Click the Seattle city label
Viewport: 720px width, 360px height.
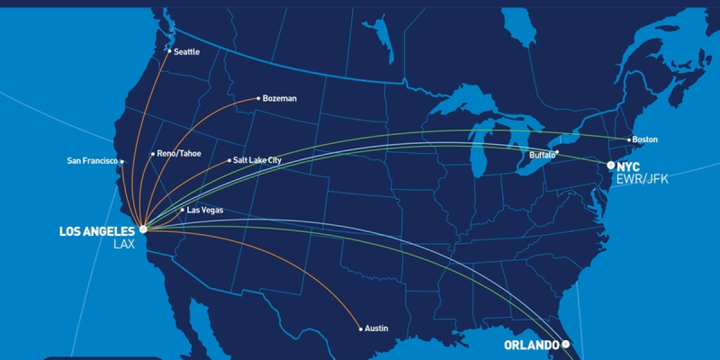[x=187, y=52]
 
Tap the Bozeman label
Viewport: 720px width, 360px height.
[x=280, y=98]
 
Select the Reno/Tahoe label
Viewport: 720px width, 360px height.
[x=179, y=154]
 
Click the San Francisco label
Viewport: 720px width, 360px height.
[x=92, y=161]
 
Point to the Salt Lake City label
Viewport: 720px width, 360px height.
[x=257, y=160]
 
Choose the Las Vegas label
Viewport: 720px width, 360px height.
[x=205, y=210]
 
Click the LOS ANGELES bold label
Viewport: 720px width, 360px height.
[x=97, y=232]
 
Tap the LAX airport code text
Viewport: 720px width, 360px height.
[x=124, y=244]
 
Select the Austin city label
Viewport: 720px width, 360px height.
[x=376, y=328]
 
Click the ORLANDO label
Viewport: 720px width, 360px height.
[x=532, y=345]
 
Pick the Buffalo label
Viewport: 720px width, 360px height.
[x=542, y=155]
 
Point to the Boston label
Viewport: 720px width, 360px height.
[x=646, y=140]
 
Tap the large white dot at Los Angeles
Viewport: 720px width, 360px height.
[x=143, y=229]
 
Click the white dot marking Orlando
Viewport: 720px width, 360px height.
[x=565, y=344]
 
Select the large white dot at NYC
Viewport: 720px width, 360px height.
[x=611, y=165]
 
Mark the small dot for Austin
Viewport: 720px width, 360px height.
[x=361, y=328]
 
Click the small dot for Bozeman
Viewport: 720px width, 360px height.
[x=258, y=98]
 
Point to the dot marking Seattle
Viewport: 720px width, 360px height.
[x=169, y=52]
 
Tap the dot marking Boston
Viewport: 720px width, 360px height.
[x=629, y=140]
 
